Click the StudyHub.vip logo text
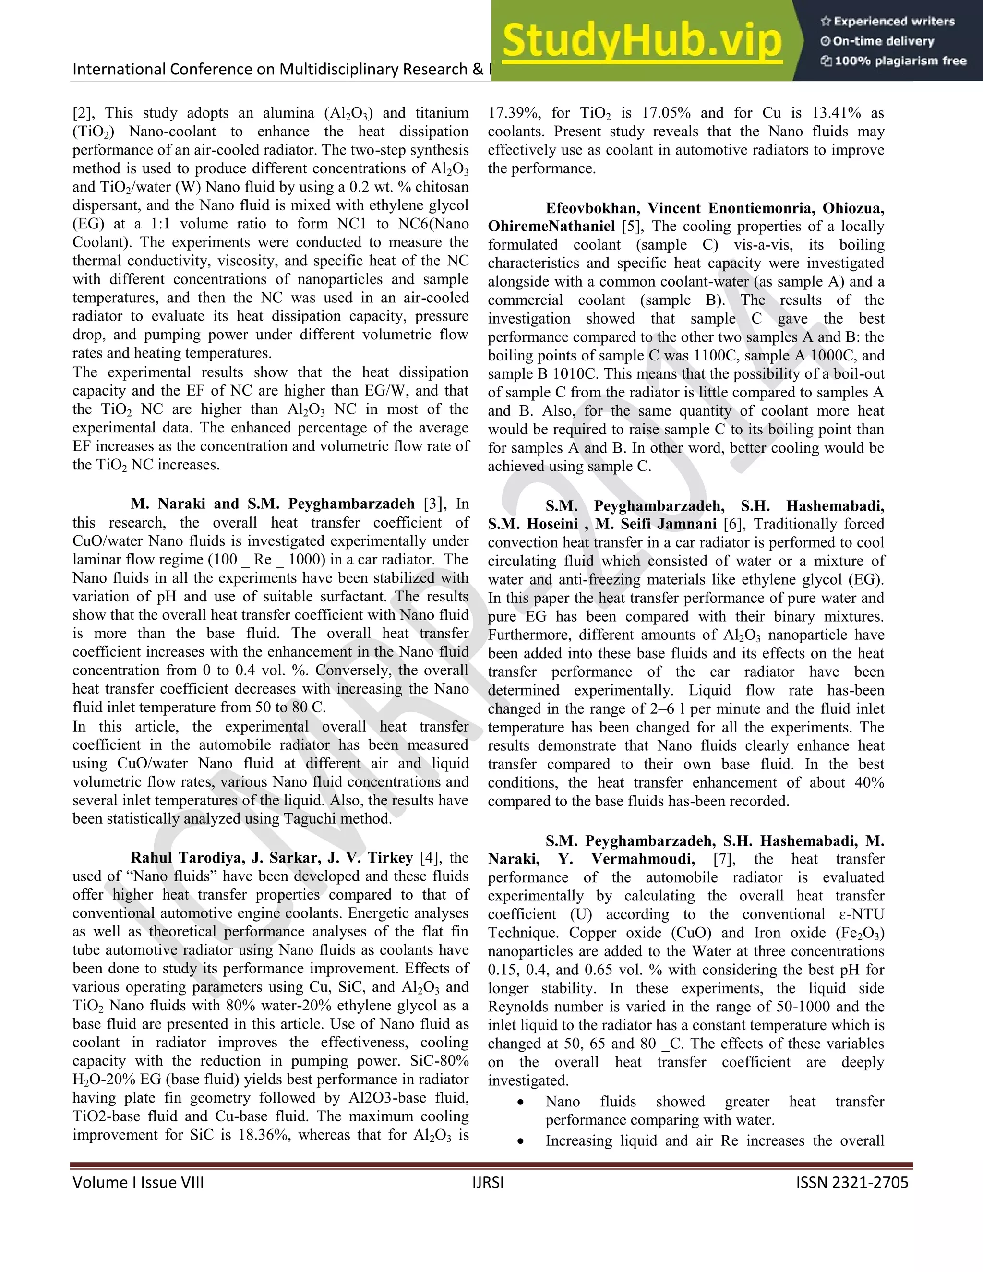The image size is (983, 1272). pos(641,41)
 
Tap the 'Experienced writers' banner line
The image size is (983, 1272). pos(887,22)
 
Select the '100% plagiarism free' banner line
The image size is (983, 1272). pos(893,61)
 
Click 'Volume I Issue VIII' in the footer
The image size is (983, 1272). pos(138,1182)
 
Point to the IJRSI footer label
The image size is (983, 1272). pos(488,1182)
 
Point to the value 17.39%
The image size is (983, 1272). pos(514,113)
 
